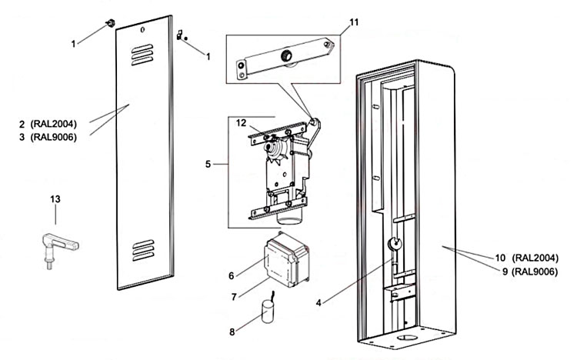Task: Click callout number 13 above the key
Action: point(55,199)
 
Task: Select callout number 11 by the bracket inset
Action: point(353,21)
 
